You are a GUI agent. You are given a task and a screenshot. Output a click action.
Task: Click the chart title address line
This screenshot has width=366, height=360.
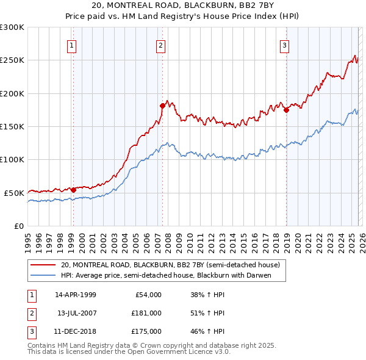[182, 5]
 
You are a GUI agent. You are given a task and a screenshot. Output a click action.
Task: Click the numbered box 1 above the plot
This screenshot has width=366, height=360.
[72, 45]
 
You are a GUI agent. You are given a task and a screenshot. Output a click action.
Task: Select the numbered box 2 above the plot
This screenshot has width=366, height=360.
[160, 45]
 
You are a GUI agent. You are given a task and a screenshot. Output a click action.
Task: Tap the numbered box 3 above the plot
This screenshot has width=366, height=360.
[285, 45]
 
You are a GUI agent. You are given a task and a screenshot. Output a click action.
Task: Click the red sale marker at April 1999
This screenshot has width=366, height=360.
[73, 190]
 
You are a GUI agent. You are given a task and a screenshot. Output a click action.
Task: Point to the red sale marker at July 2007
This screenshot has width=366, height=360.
[162, 106]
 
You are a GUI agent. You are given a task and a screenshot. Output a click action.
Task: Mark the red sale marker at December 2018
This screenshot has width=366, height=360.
[286, 110]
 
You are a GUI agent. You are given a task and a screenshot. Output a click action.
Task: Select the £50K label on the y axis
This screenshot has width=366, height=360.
[14, 193]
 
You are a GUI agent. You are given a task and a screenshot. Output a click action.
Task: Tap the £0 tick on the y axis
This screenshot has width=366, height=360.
[19, 226]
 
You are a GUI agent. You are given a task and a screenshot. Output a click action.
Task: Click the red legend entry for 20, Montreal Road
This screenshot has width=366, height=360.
[170, 265]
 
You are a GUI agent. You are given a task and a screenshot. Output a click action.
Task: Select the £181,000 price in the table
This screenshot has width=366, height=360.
[146, 313]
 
